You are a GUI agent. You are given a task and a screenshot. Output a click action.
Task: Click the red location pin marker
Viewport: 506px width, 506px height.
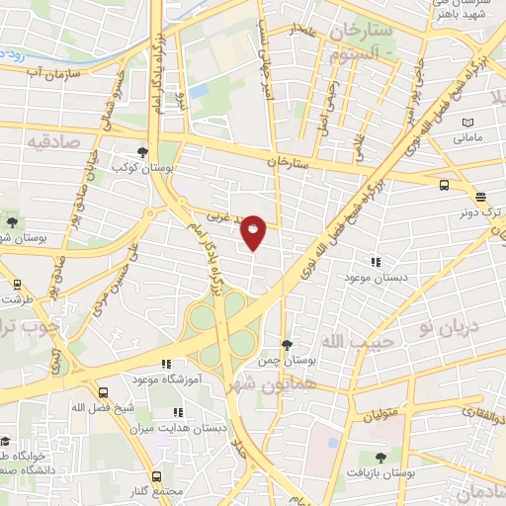[254, 231]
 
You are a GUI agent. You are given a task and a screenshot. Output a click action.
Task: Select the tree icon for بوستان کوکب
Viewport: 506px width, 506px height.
[144, 152]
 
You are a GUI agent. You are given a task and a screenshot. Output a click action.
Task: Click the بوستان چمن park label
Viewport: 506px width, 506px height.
[287, 361]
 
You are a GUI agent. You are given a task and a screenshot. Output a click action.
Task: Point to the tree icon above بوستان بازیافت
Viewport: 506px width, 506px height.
[381, 458]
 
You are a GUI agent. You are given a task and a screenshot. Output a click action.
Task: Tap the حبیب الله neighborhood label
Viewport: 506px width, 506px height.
[374, 341]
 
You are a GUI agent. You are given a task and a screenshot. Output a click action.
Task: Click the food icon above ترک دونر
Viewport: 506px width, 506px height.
[479, 196]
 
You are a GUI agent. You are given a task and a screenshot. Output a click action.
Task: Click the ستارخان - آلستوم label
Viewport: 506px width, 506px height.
[365, 43]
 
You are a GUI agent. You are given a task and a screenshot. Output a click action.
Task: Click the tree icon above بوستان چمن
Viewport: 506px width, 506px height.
[287, 345]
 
